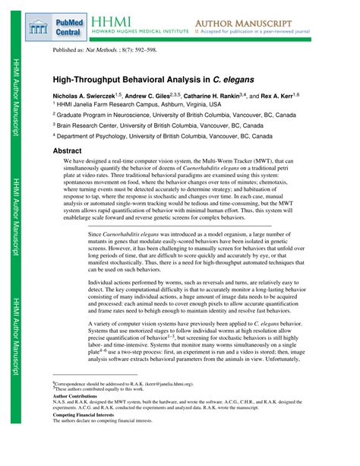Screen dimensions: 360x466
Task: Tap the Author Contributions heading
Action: pyautogui.click(x=74, y=396)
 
